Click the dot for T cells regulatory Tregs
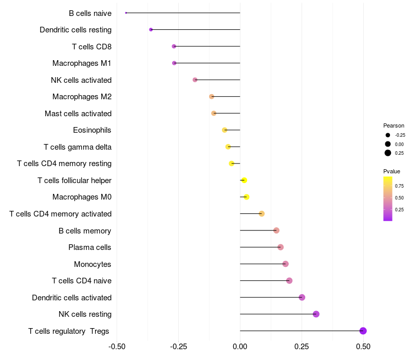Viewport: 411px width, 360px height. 363,331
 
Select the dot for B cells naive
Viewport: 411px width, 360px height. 126,13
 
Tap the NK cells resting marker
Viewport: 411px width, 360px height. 316,314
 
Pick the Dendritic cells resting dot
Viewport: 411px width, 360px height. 151,29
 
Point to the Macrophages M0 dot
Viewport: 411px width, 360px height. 247,197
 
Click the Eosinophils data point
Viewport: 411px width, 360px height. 225,130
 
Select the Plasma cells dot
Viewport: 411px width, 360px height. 281,247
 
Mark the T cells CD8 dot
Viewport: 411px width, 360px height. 174,46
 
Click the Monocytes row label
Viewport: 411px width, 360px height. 92,264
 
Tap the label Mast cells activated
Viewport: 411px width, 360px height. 78,113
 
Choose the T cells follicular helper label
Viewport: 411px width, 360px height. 74,180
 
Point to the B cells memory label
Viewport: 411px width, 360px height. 85,230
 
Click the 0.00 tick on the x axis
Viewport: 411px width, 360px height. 240,346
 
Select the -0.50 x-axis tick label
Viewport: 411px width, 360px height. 117,346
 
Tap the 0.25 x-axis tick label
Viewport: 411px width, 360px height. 302,346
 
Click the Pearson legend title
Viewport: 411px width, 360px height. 394,125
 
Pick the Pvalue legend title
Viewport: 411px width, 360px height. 391,171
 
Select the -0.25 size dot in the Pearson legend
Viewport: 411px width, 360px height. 387,135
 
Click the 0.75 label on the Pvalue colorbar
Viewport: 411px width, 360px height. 399,186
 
